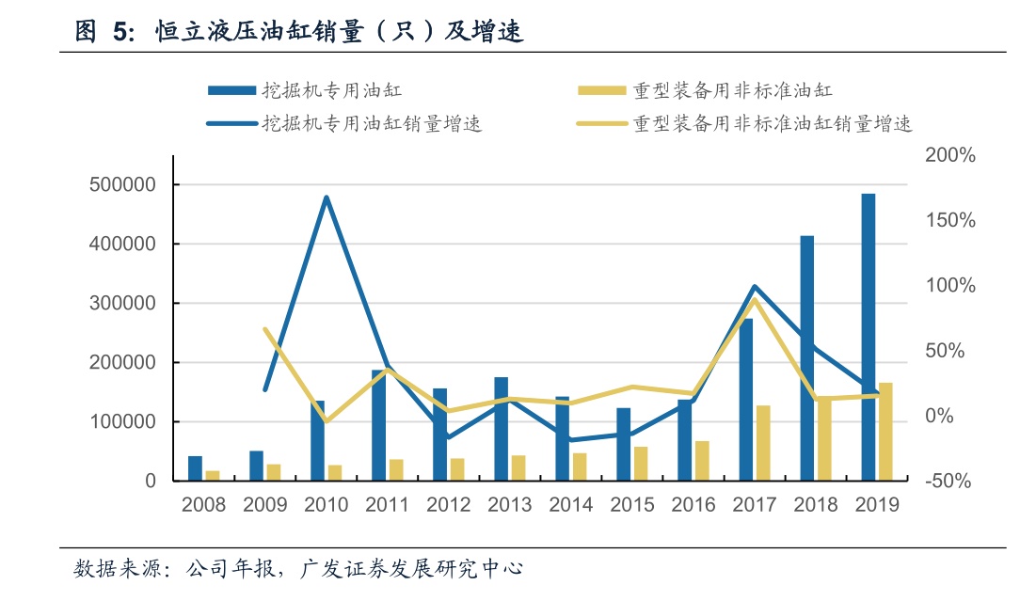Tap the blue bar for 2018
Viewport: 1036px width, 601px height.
pos(806,358)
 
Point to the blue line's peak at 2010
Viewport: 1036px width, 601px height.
pos(326,198)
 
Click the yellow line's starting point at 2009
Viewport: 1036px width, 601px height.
pos(265,329)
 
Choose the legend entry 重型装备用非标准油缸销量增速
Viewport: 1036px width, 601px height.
pos(743,123)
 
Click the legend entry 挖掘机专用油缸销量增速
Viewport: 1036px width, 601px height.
pos(343,123)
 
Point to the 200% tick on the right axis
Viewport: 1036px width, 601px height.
pos(949,155)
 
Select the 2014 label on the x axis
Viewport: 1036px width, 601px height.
pos(571,505)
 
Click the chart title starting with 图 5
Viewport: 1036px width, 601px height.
pos(299,34)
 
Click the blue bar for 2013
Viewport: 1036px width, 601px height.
pos(501,429)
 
